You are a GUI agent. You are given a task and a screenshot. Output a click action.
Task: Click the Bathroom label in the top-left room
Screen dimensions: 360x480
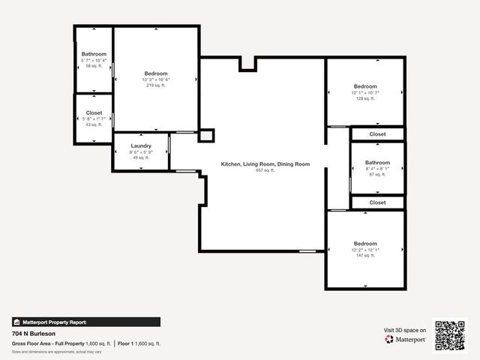click(x=94, y=54)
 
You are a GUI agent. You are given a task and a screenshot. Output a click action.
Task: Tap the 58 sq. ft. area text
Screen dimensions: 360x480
click(x=94, y=67)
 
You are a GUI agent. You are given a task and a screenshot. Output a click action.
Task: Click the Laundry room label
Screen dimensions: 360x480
click(x=141, y=145)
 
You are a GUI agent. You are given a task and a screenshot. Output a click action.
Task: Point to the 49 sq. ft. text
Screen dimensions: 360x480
click(x=141, y=157)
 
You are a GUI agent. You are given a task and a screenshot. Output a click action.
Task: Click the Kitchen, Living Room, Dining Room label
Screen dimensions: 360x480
click(x=265, y=164)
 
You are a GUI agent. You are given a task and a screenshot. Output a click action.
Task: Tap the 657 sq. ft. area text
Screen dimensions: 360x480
click(x=265, y=170)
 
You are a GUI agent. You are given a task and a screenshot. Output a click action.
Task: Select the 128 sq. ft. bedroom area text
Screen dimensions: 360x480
click(x=365, y=99)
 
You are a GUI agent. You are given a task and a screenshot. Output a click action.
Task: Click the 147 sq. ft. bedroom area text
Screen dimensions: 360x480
click(x=365, y=256)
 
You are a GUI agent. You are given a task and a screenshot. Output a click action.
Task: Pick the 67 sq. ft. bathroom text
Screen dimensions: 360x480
click(x=377, y=175)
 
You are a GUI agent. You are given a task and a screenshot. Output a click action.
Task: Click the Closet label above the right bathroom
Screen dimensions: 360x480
click(x=377, y=134)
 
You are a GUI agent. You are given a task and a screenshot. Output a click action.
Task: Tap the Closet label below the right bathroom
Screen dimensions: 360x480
click(x=377, y=202)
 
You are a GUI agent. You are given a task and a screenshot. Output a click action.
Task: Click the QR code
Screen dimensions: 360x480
click(x=450, y=335)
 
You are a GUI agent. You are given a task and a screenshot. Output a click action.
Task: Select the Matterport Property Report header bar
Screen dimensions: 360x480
click(x=85, y=322)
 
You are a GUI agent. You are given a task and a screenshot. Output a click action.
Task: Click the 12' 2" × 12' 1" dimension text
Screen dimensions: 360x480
click(x=365, y=250)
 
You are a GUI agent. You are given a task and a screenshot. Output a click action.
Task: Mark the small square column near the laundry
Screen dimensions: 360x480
click(x=205, y=136)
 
